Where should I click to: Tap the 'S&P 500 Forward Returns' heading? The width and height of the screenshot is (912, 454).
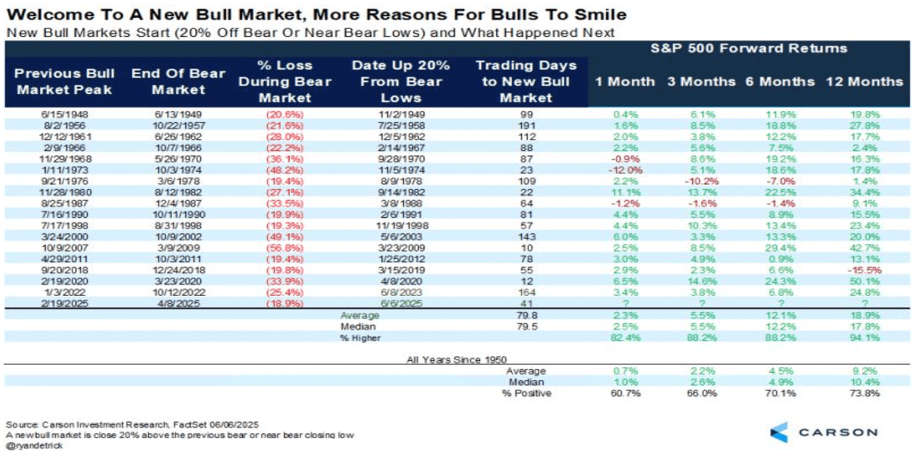[x=749, y=49]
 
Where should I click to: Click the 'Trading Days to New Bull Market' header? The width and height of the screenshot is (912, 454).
[x=526, y=82]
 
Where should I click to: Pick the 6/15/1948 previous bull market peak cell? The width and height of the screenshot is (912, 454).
[x=58, y=114]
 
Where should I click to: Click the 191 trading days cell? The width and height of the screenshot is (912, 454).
[x=526, y=125]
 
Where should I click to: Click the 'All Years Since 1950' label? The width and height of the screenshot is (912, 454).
[x=456, y=360]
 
